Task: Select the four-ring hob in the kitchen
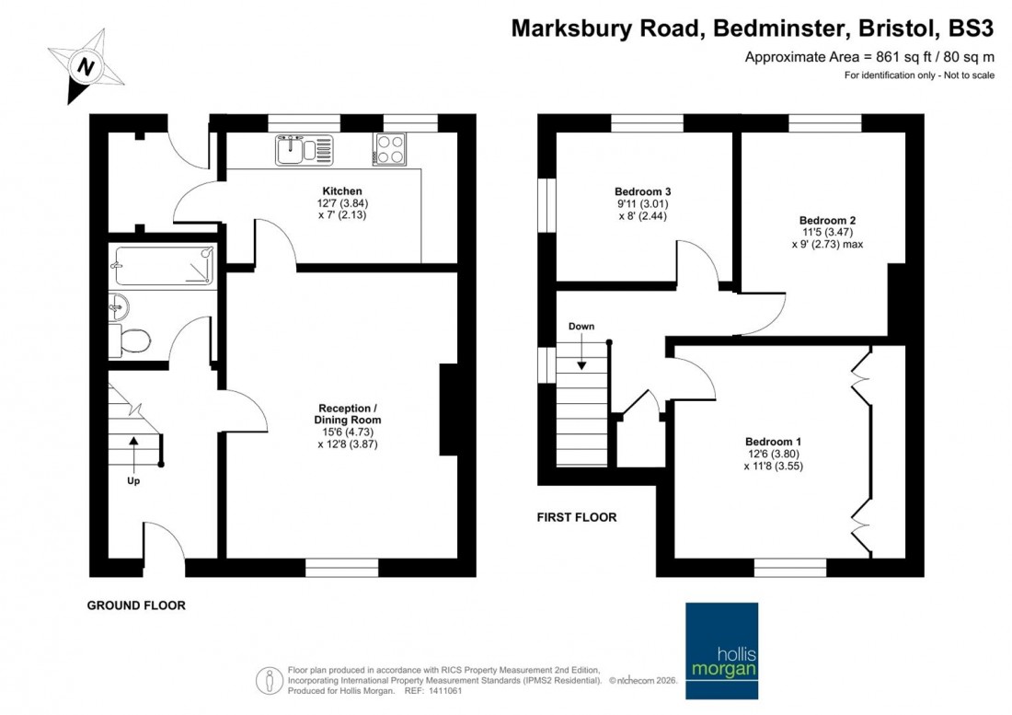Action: tap(389, 149)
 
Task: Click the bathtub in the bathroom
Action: tap(163, 266)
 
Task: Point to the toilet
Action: tap(130, 340)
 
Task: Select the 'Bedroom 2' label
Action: tap(827, 220)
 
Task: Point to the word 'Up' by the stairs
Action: tap(133, 481)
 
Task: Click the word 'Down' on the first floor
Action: tap(581, 327)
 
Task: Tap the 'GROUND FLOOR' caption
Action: tap(136, 605)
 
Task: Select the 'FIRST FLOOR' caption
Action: tap(577, 518)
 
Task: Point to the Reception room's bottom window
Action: tap(341, 567)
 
